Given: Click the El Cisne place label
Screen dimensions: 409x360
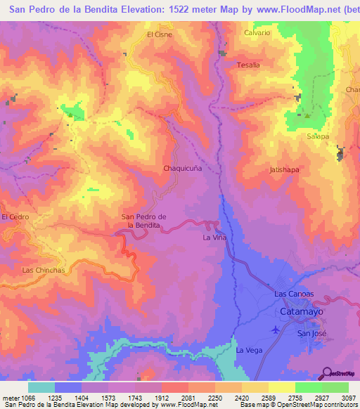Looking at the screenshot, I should pyautogui.click(x=160, y=34).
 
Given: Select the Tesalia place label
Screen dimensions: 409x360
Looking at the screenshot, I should pyautogui.click(x=248, y=65).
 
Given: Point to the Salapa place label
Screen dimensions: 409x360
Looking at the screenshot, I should pyautogui.click(x=317, y=136).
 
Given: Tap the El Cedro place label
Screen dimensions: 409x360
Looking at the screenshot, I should pyautogui.click(x=15, y=217).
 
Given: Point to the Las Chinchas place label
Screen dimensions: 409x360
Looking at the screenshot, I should pyautogui.click(x=44, y=270).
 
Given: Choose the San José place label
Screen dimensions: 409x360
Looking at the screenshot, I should pyautogui.click(x=311, y=333).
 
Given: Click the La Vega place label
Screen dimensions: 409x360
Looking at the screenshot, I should pyautogui.click(x=249, y=350).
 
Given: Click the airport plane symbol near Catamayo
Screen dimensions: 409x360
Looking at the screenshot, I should pyautogui.click(x=275, y=329).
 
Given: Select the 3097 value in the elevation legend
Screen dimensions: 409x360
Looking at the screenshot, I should pyautogui.click(x=348, y=397).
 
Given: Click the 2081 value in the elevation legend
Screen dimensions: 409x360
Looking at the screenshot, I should pyautogui.click(x=187, y=397).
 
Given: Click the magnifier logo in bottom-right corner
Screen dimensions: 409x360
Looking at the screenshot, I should pyautogui.click(x=327, y=373).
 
